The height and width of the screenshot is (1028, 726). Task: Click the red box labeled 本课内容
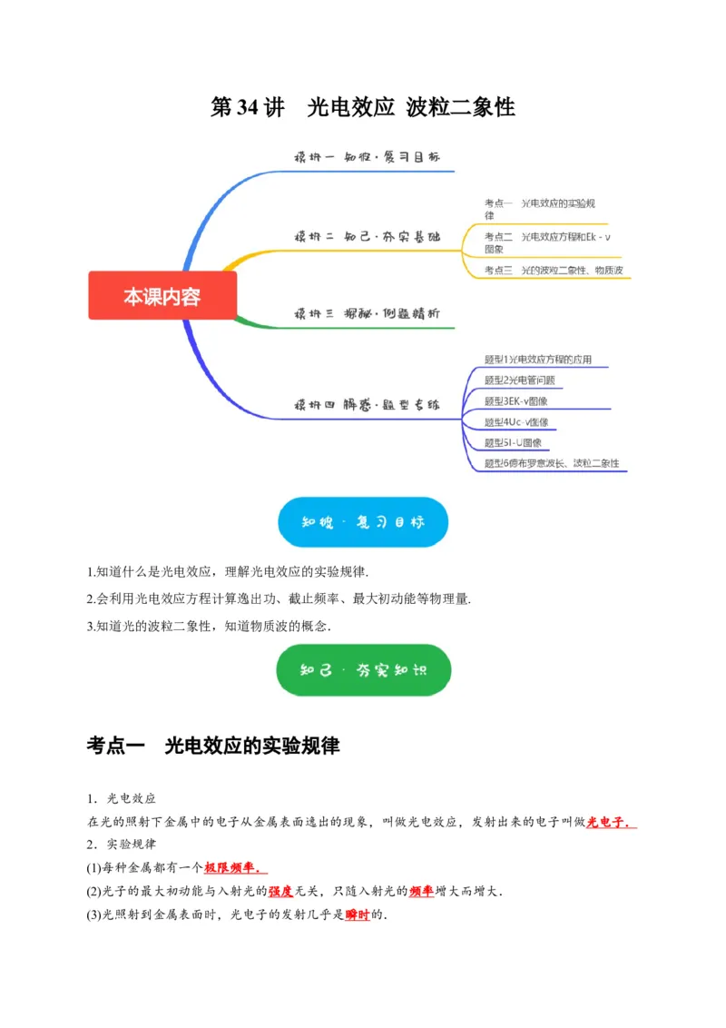(162, 296)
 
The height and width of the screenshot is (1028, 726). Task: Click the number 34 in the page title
(248, 107)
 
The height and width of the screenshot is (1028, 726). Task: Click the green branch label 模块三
(367, 312)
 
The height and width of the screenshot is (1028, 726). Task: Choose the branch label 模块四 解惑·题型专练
(367, 404)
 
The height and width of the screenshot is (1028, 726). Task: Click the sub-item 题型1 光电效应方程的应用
(538, 360)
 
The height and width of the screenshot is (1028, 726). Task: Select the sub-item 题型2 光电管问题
(520, 381)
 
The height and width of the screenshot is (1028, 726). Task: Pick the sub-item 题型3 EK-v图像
(515, 401)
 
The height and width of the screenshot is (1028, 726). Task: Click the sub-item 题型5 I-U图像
(513, 442)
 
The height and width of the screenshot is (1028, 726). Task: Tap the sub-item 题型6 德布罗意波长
(551, 463)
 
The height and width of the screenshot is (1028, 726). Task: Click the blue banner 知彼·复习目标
(362, 522)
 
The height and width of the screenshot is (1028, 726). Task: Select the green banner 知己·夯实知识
(362, 670)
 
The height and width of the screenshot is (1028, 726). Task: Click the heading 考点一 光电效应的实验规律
(213, 746)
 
